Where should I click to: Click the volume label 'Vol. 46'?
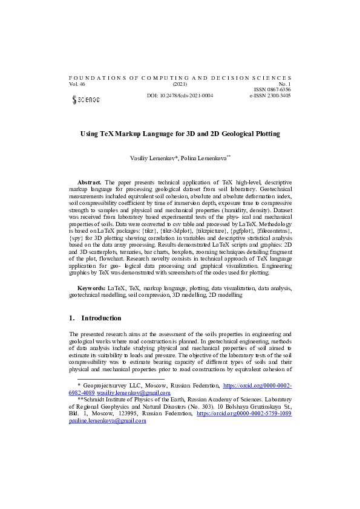[x=78, y=84]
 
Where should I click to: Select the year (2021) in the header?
[x=180, y=84]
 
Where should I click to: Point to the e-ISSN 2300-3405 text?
[x=270, y=96]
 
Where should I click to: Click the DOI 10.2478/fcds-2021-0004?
[x=180, y=96]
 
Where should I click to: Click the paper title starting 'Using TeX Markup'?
[x=180, y=133]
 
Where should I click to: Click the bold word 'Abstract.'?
[x=90, y=182]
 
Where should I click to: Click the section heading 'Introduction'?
[x=101, y=318]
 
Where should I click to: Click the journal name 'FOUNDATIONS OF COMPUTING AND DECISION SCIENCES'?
[x=180, y=78]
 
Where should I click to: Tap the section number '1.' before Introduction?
[x=72, y=318]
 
